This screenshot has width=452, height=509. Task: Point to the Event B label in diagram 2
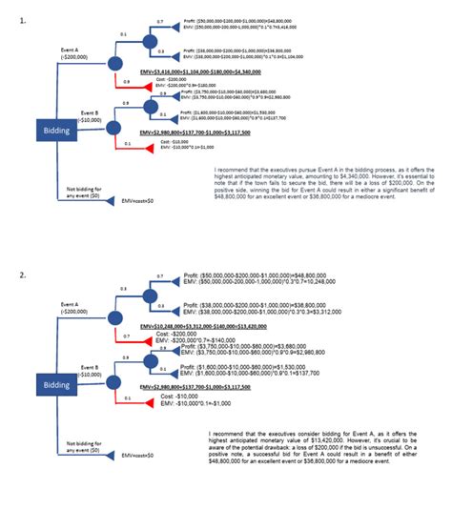(x=90, y=370)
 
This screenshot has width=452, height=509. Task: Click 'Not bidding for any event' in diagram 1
(x=85, y=193)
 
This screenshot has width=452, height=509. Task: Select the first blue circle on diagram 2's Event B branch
(x=114, y=376)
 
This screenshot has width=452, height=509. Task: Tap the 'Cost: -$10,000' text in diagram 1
(x=177, y=141)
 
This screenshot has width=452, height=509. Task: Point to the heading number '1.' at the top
(x=21, y=8)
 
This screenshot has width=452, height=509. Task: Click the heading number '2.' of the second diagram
(x=21, y=275)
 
